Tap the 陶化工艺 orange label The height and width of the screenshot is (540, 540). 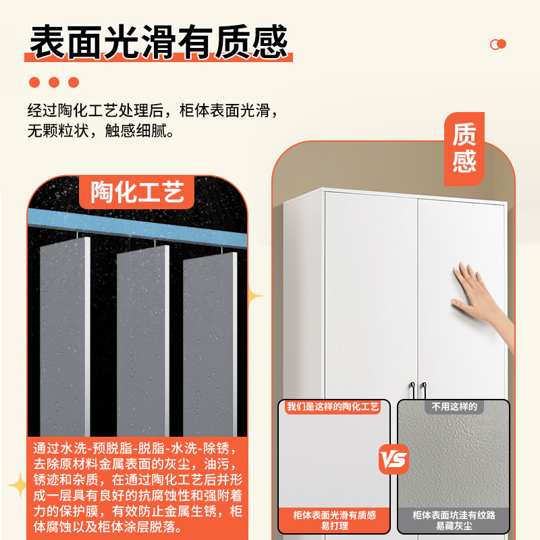point(137,192)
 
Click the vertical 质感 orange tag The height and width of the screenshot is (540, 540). point(464,148)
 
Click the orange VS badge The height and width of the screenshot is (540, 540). point(394,460)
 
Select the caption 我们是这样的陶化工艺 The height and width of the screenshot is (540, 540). point(333,407)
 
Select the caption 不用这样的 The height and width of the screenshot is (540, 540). point(454,407)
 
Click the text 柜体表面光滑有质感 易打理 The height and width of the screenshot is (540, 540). point(334,520)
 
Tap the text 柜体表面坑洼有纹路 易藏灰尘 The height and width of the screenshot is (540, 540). point(454,520)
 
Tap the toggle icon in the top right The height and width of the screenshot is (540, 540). point(497,45)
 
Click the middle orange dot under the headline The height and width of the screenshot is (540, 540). point(54,82)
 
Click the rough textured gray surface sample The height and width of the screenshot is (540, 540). point(454,459)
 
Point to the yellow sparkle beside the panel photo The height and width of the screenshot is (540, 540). point(255,296)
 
